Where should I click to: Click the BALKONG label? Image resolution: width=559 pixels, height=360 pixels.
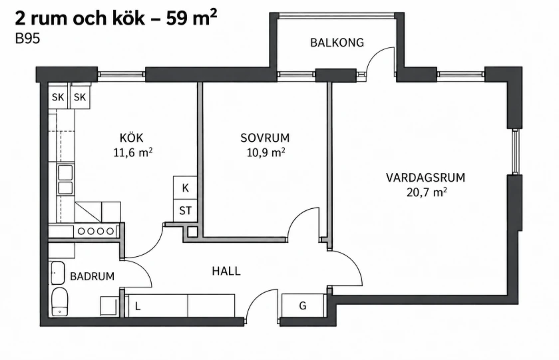pyautogui.click(x=337, y=43)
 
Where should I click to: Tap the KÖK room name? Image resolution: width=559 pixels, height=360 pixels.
pyautogui.click(x=132, y=138)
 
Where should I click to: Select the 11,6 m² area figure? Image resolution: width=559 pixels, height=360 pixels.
pyautogui.click(x=133, y=152)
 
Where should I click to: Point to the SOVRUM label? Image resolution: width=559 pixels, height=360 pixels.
pyautogui.click(x=265, y=138)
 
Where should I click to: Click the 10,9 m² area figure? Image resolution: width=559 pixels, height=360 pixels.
pyautogui.click(x=266, y=152)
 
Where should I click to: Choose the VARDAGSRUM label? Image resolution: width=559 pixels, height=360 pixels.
pyautogui.click(x=425, y=178)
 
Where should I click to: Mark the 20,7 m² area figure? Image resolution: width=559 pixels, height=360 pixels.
pyautogui.click(x=427, y=192)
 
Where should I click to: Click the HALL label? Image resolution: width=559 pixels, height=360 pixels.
pyautogui.click(x=226, y=271)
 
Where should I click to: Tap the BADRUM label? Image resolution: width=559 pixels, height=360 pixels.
pyautogui.click(x=92, y=276)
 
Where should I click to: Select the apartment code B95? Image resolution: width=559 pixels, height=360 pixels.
pyautogui.click(x=27, y=39)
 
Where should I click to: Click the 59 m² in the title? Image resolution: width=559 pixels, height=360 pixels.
pyautogui.click(x=192, y=18)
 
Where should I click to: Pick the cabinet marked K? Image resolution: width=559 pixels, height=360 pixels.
pyautogui.click(x=185, y=188)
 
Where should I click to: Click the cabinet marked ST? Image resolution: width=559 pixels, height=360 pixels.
pyautogui.click(x=185, y=211)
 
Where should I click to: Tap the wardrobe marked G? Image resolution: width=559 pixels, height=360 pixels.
pyautogui.click(x=303, y=305)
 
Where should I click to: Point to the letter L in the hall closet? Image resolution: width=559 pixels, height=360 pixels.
pyautogui.click(x=138, y=306)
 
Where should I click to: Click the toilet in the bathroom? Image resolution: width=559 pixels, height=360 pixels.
pyautogui.click(x=59, y=301)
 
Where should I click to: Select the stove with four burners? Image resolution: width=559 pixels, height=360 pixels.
pyautogui.click(x=96, y=231)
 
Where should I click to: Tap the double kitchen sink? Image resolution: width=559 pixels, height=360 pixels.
pyautogui.click(x=66, y=180)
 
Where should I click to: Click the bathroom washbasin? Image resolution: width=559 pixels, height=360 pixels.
pyautogui.click(x=57, y=273)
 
